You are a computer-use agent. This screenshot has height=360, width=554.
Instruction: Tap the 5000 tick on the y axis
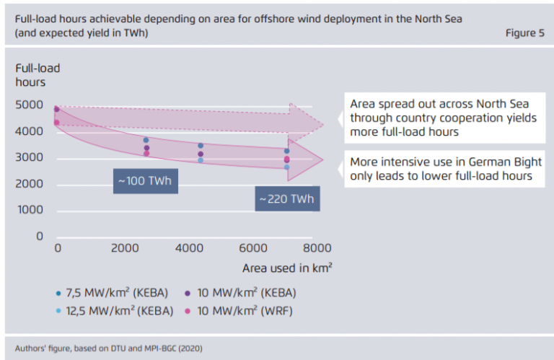point(30,105)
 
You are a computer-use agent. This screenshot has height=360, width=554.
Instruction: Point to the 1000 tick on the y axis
point(30,211)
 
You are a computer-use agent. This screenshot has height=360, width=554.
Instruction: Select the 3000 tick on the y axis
point(30,158)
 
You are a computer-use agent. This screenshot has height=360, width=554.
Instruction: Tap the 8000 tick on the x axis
point(317,248)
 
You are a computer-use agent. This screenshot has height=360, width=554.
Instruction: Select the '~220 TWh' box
point(286,198)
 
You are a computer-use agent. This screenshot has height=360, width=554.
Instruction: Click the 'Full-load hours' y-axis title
point(38,75)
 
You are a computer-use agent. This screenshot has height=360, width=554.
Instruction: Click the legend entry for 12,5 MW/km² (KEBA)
point(115,311)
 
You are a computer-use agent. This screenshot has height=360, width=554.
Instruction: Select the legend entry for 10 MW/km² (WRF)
point(245,311)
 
